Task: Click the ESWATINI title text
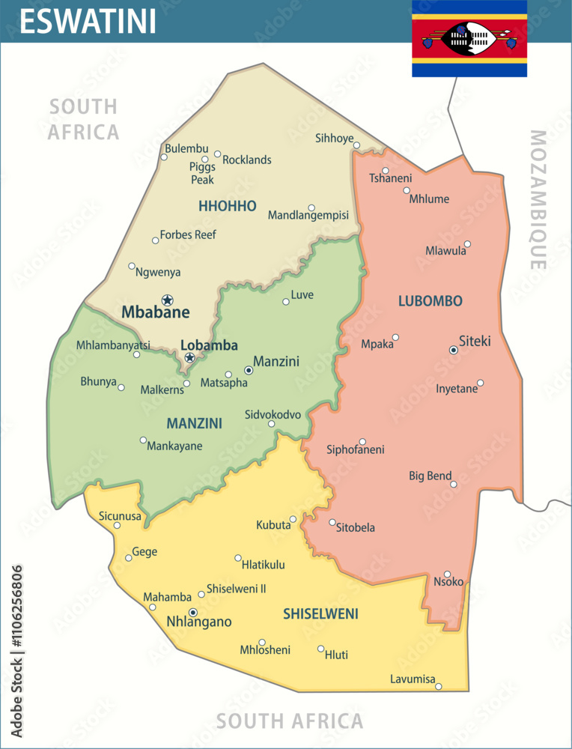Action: (88, 21)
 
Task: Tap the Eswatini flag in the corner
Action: (469, 37)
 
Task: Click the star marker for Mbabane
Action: (167, 300)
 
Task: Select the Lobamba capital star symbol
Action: (189, 358)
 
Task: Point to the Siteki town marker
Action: (453, 350)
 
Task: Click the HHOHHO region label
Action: (228, 206)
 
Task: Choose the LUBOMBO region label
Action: (430, 301)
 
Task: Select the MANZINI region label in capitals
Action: (194, 423)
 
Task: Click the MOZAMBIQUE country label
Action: (538, 200)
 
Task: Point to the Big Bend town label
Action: (430, 476)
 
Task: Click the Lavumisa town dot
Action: (439, 686)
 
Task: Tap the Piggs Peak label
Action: (202, 173)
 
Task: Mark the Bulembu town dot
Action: (164, 157)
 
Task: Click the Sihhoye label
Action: (334, 138)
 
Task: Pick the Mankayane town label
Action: (174, 446)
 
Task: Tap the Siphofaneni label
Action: (355, 449)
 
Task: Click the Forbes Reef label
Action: (188, 234)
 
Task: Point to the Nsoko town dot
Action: (447, 574)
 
